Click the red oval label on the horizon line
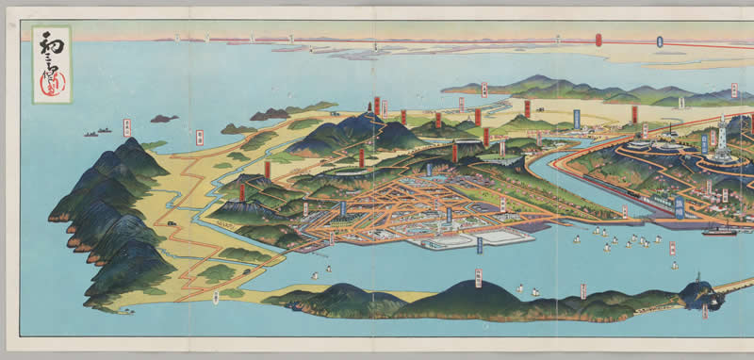pyautogui.click(x=598, y=40)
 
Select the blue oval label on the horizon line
pyautogui.click(x=660, y=41)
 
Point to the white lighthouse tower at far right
pyautogui.click(x=723, y=131)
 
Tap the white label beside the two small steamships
pyautogui.click(x=126, y=128)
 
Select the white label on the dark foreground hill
pyautogui.click(x=478, y=277)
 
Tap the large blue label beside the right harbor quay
pyautogui.click(x=680, y=207)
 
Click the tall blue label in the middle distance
pyautogui.click(x=576, y=118)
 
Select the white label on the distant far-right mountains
pyautogui.click(x=733, y=90)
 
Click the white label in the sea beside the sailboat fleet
pyautogui.click(x=673, y=249)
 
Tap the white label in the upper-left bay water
pyautogui.click(x=199, y=138)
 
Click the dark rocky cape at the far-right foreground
pyautogui.click(x=702, y=295)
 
